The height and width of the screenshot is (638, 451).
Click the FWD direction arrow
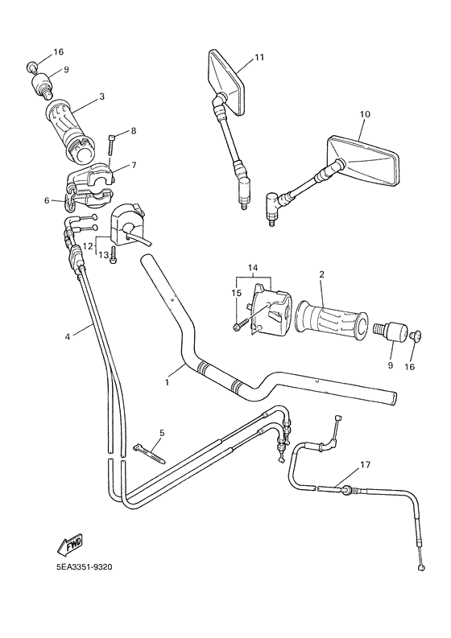coord(71,546)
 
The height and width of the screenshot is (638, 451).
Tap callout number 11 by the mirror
coord(259,57)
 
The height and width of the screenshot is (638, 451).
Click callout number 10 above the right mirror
coord(364,115)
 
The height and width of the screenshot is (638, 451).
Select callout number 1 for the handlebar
coord(168,383)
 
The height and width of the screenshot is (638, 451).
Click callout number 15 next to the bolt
coord(237,293)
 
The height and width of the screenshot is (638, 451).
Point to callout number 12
coord(89,245)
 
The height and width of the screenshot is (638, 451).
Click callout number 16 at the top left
coord(57,52)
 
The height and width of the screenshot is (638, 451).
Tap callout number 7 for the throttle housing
coord(134,165)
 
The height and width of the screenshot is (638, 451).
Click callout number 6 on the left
coord(48,200)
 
